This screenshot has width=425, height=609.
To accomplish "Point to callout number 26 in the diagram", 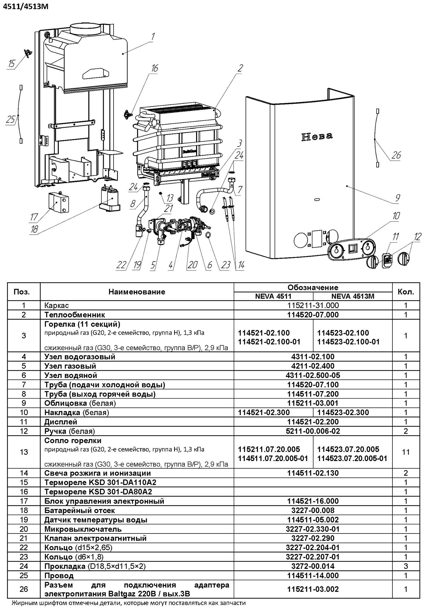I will tap(396, 155).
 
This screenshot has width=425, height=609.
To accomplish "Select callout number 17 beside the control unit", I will tap(33, 217).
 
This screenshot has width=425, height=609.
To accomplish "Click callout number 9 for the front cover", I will tap(398, 198).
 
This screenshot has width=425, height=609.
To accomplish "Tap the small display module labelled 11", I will tap(387, 260).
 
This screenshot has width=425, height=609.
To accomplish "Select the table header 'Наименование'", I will tap(137, 292).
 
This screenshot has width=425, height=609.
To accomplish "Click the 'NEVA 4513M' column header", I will tap(353, 296).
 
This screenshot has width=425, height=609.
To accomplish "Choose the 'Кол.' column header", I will tap(406, 292).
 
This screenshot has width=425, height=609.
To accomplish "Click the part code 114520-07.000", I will tap(313, 315).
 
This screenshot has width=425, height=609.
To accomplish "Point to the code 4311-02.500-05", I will tap(313, 375).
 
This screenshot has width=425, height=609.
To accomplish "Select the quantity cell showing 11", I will tap(406, 452).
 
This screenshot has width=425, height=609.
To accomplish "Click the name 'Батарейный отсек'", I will tap(79, 510).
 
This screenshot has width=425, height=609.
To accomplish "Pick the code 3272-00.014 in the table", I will tap(313, 566).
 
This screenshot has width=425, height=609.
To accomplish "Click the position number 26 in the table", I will tap(24, 589).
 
